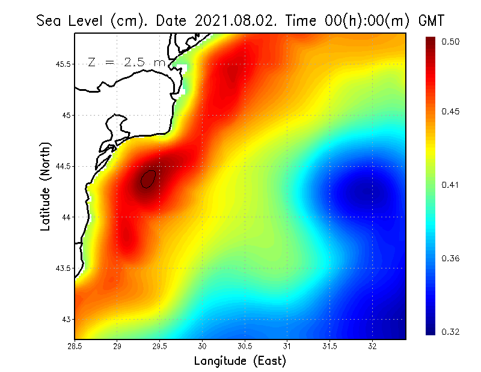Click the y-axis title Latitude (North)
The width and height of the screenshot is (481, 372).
coord(46,186)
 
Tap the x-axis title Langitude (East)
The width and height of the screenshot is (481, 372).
coord(240,361)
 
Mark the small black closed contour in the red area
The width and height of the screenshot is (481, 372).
coord(149,179)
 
